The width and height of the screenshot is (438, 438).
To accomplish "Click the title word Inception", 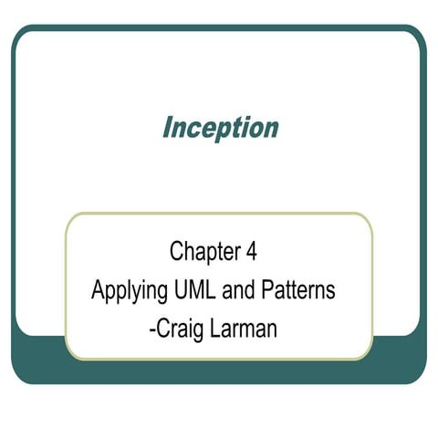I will pyautogui.click(x=220, y=128).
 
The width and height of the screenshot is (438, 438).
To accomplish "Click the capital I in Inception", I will pyautogui.click(x=166, y=127).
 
